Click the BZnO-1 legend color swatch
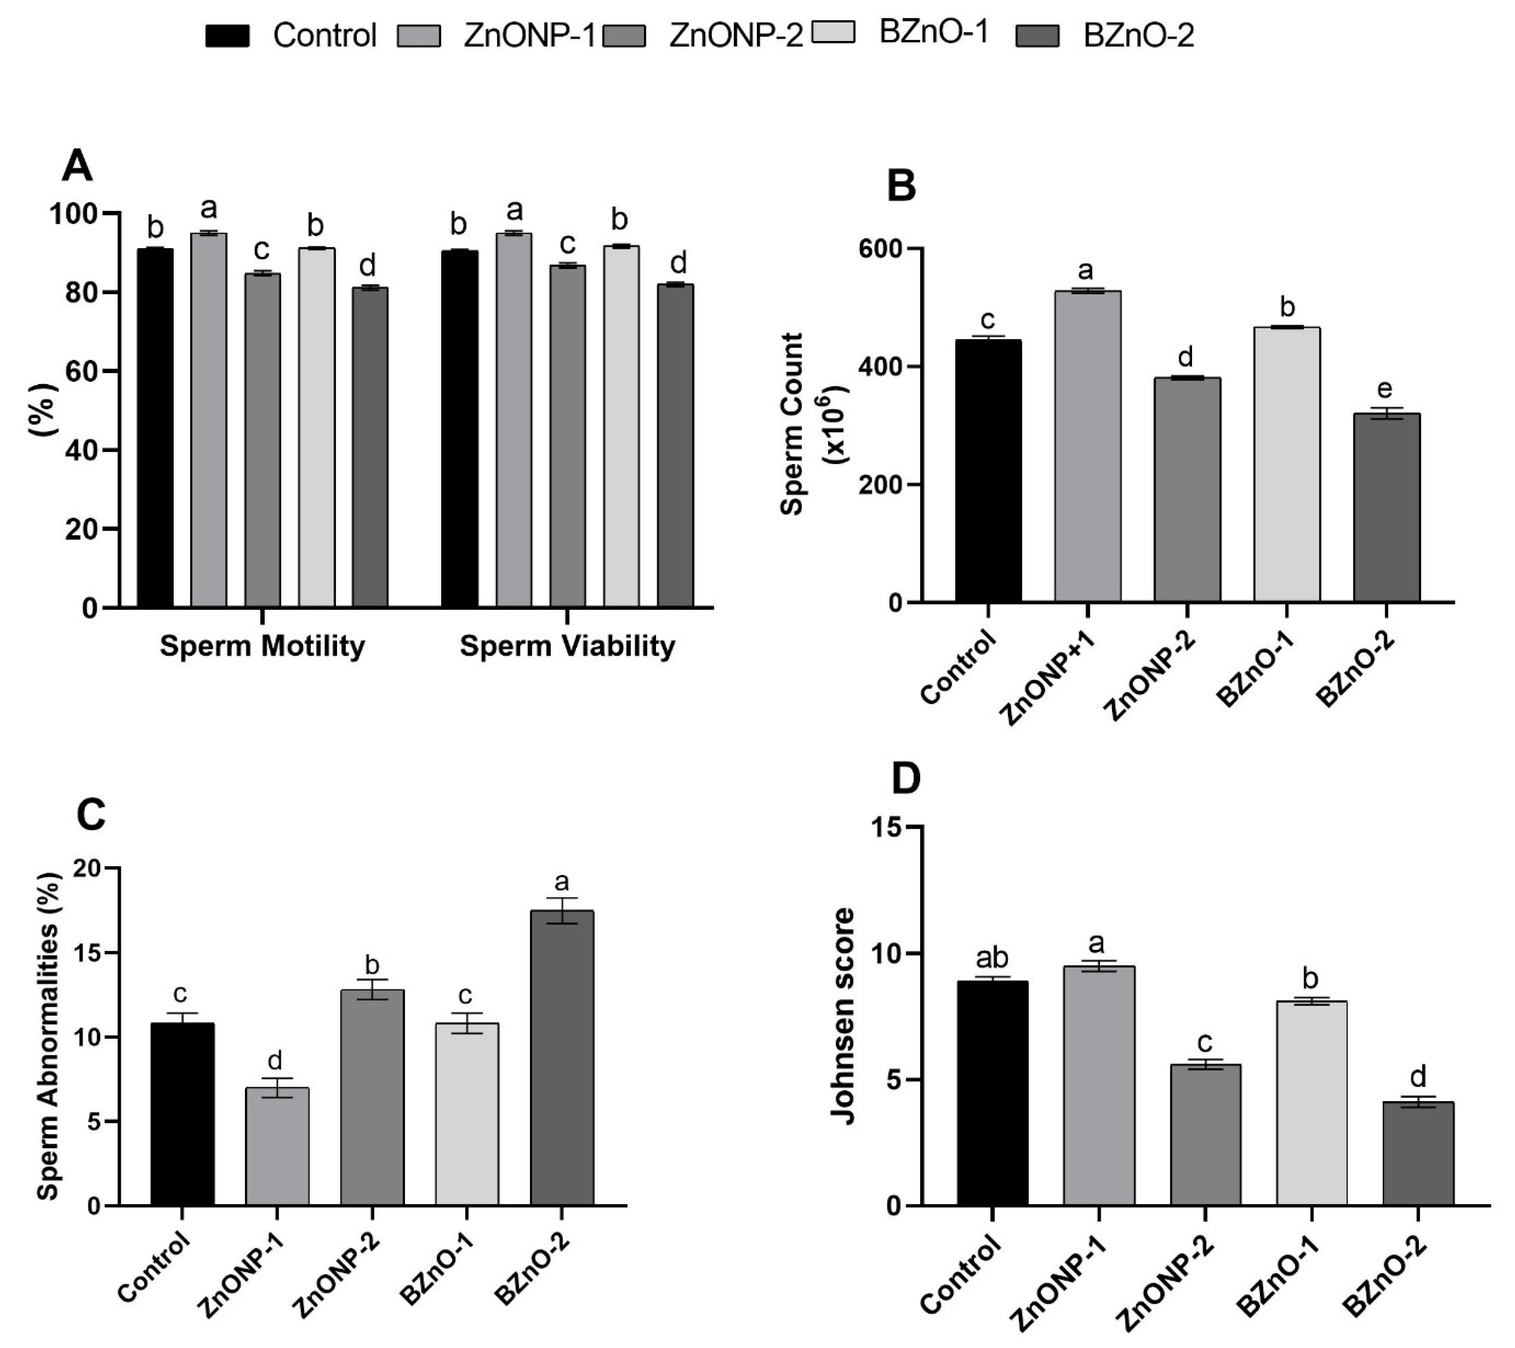click(834, 33)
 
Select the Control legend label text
click(325, 35)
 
